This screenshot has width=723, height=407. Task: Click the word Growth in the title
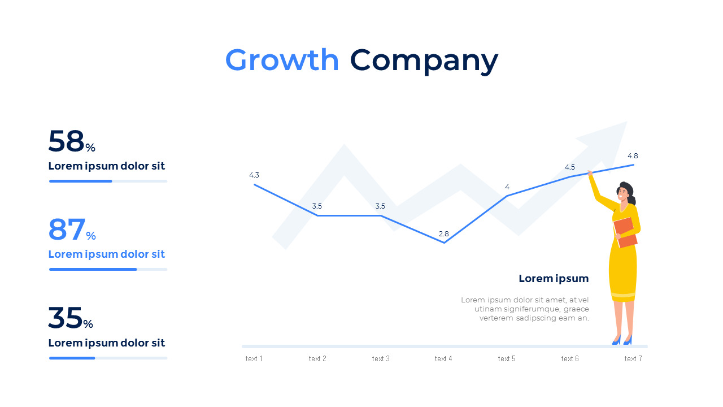(x=282, y=60)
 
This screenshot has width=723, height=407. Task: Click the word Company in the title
(x=424, y=61)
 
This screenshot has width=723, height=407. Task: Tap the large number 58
(x=66, y=141)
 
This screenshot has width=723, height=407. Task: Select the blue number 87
(x=67, y=230)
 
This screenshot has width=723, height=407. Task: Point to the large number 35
(x=65, y=318)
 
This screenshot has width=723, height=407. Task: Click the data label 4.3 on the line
(x=254, y=175)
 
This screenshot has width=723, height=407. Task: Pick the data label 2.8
(x=443, y=234)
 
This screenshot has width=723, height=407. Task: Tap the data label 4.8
(x=633, y=156)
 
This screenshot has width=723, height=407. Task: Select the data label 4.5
(x=570, y=167)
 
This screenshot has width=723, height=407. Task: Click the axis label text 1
(x=254, y=358)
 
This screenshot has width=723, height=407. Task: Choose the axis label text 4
(x=443, y=358)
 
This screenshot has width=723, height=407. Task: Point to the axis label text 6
(x=570, y=358)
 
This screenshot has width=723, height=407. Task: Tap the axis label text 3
(x=381, y=358)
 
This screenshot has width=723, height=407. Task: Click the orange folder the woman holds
(x=625, y=232)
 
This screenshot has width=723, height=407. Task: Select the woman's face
(x=622, y=193)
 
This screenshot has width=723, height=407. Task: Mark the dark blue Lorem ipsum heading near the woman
(x=554, y=279)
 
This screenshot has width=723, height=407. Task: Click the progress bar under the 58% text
(x=108, y=181)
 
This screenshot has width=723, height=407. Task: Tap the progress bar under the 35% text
(x=108, y=358)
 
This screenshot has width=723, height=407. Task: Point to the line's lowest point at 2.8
(x=444, y=243)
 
